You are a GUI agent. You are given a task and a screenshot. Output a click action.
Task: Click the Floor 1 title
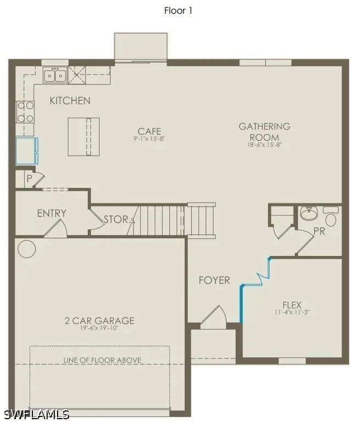pyautogui.click(x=178, y=10)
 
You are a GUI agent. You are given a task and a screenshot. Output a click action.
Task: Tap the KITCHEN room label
pyautogui.click(x=70, y=101)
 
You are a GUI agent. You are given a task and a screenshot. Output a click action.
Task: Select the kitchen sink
pyautogui.click(x=55, y=75)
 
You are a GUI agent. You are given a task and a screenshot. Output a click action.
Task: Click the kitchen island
pyautogui.click(x=84, y=136)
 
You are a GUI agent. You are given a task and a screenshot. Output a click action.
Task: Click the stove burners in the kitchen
pyautogui.click(x=25, y=111)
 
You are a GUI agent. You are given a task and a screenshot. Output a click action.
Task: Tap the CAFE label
pyautogui.click(x=150, y=131)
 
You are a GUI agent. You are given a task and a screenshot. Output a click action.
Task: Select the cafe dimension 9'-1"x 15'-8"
pyautogui.click(x=150, y=139)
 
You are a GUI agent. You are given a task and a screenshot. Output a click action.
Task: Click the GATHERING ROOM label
pyautogui.click(x=264, y=132)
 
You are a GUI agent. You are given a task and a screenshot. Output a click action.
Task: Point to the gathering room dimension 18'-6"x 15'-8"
pyautogui.click(x=264, y=145)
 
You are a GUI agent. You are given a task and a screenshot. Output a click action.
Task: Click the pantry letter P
pyautogui.click(x=30, y=179)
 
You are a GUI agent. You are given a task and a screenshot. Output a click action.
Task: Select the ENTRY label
pyautogui.click(x=52, y=213)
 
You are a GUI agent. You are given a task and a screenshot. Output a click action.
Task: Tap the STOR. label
pyautogui.click(x=117, y=220)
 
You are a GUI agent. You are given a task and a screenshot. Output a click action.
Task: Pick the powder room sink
pyautogui.click(x=309, y=213)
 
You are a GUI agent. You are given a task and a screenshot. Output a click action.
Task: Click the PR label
pyautogui.click(x=319, y=232)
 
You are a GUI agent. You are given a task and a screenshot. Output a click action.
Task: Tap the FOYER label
pyautogui.click(x=214, y=280)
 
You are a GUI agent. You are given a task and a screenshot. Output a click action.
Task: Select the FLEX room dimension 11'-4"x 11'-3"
pyautogui.click(x=292, y=313)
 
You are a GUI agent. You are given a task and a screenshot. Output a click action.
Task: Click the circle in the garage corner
pyautogui.click(x=27, y=249)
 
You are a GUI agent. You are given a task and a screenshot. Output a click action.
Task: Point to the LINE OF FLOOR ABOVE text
pyautogui.click(x=102, y=360)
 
